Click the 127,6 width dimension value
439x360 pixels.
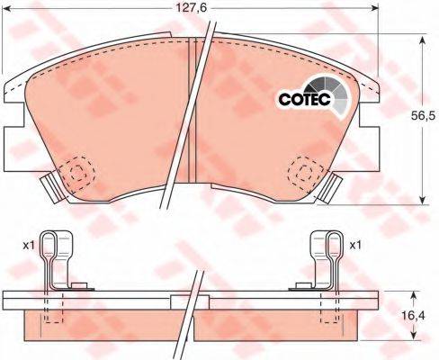point(191,8)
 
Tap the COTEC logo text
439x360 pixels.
point(304,99)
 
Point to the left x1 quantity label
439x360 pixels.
point(29,246)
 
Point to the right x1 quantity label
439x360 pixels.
point(355,246)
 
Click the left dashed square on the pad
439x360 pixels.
point(76,173)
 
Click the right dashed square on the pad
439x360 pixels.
point(305,173)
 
